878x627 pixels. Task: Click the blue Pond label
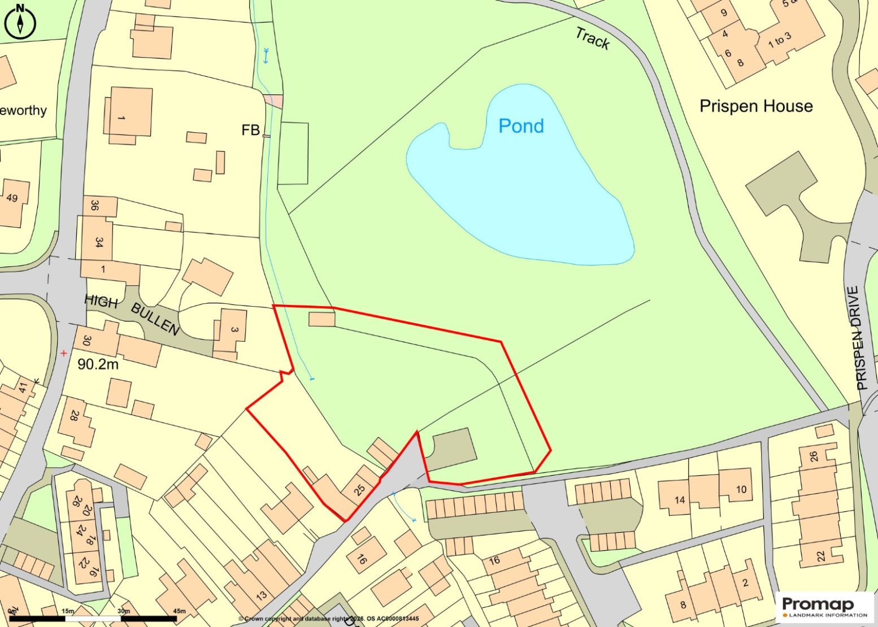coord(521,126)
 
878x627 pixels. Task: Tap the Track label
coord(593,38)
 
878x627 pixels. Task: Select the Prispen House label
coord(756,106)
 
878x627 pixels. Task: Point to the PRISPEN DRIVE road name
coord(861,338)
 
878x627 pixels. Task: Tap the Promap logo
coord(824,607)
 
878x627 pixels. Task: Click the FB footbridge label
coord(250,130)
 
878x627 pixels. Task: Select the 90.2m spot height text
coord(98,364)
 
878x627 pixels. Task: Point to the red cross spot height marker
coord(64,354)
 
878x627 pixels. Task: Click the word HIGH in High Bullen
coord(101,302)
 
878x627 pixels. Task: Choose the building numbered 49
coord(12,198)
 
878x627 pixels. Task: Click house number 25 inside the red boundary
coord(359,489)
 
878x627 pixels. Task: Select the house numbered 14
coord(680,499)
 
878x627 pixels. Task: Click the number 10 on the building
coord(741,489)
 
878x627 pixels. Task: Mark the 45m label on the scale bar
coord(179,611)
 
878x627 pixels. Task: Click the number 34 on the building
coord(99,242)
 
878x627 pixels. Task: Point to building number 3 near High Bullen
coord(234,330)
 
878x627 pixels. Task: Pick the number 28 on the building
coord(74,416)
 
